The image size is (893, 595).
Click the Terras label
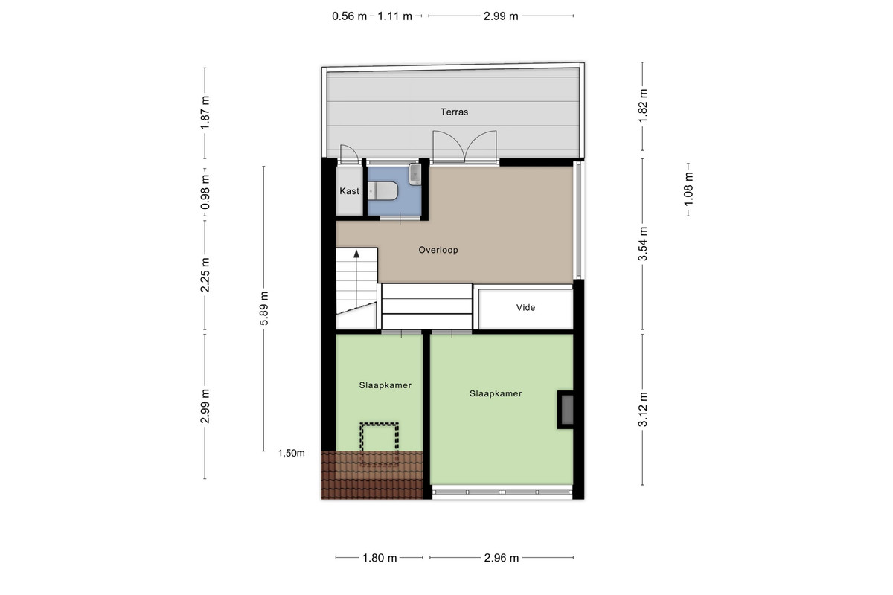(454, 112)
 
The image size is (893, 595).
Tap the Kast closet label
(349, 191)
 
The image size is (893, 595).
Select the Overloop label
(438, 250)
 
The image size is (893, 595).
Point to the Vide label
(525, 308)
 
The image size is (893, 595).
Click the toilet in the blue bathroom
(383, 191)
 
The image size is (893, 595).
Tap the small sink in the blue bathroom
(415, 174)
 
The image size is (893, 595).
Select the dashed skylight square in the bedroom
(379, 444)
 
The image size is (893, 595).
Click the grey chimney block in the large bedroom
(567, 410)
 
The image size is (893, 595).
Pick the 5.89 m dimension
(264, 308)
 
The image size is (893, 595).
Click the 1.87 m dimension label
(205, 113)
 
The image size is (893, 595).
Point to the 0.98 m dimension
(205, 192)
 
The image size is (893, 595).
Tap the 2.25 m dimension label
(205, 275)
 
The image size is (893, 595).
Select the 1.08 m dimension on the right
(688, 190)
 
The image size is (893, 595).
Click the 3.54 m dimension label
(643, 243)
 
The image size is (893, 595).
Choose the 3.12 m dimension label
(643, 409)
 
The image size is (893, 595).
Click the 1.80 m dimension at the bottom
(380, 558)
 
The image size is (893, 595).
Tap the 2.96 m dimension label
(502, 558)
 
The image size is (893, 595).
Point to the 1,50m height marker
(292, 453)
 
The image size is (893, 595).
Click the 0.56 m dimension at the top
(349, 16)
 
